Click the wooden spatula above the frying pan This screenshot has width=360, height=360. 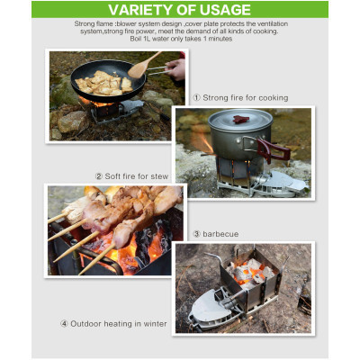point(143,66)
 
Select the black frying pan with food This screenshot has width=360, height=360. point(108,80)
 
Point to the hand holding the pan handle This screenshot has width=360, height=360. point(175,69)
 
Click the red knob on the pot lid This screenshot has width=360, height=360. point(241,119)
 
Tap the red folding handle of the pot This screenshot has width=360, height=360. point(273,150)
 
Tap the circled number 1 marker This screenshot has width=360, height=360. point(196,98)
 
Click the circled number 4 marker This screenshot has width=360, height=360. point(64,324)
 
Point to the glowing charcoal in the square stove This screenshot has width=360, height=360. point(249,273)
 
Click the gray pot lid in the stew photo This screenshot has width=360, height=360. point(240,120)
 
